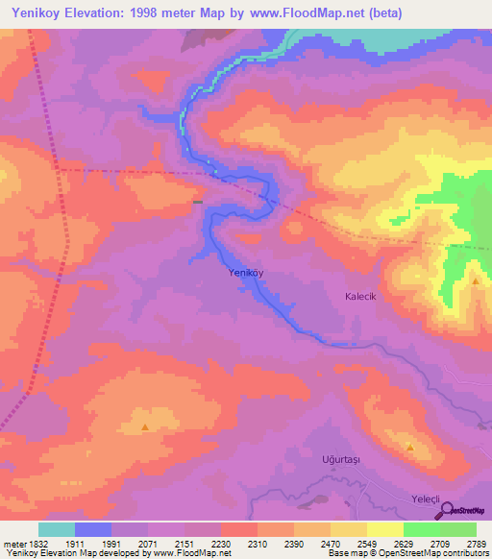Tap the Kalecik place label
(364, 297)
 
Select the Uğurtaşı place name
(340, 459)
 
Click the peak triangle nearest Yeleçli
(410, 447)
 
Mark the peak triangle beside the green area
(475, 280)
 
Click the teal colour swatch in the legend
(57, 529)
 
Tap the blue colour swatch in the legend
(93, 529)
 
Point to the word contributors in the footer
(462, 554)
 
